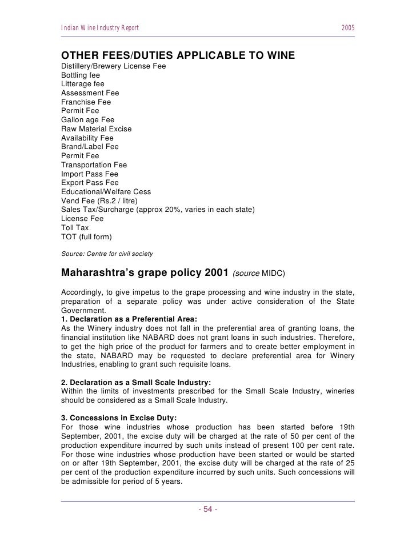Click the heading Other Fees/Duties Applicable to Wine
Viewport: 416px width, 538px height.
click(x=178, y=55)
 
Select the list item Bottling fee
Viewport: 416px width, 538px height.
click(x=81, y=75)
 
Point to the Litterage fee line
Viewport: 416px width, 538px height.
click(x=83, y=84)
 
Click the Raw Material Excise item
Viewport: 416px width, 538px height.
click(x=96, y=129)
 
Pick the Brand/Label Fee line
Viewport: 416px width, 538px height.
click(x=90, y=147)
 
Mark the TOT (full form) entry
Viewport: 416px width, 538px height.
click(x=87, y=236)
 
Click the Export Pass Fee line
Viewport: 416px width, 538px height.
click(x=90, y=183)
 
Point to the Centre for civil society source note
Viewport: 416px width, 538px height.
click(x=107, y=252)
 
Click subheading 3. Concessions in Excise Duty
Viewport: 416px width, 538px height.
click(x=121, y=419)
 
